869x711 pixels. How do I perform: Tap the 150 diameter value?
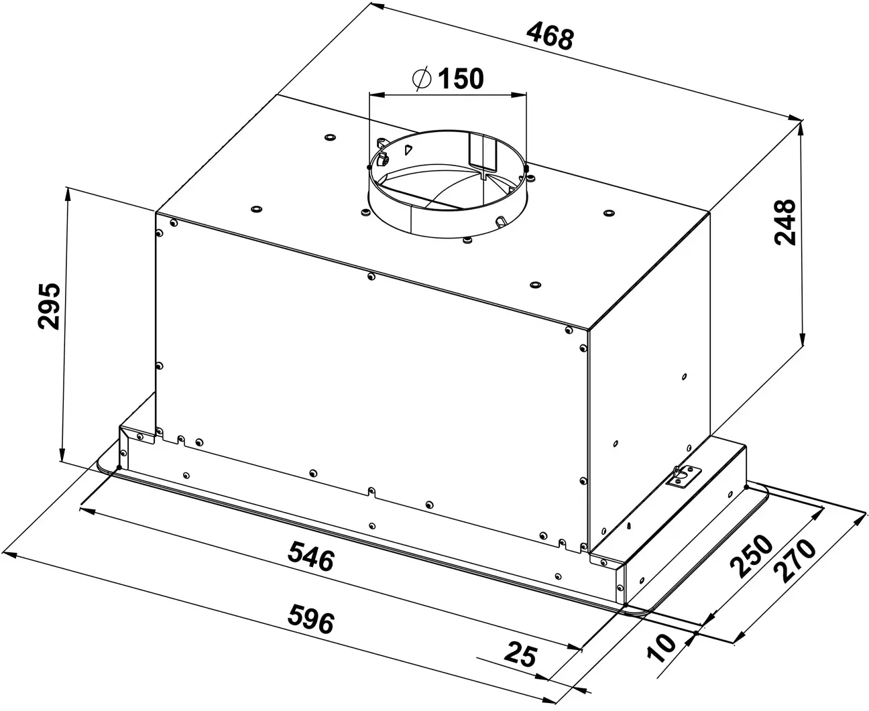[x=460, y=79]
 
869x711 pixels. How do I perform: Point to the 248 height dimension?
[x=785, y=222]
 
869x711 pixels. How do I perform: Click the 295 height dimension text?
[x=49, y=306]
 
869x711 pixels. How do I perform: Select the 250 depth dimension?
[x=752, y=556]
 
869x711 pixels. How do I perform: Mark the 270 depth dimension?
[x=795, y=560]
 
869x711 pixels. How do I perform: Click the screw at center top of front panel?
[x=371, y=276]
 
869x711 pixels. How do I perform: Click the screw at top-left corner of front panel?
[x=174, y=222]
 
